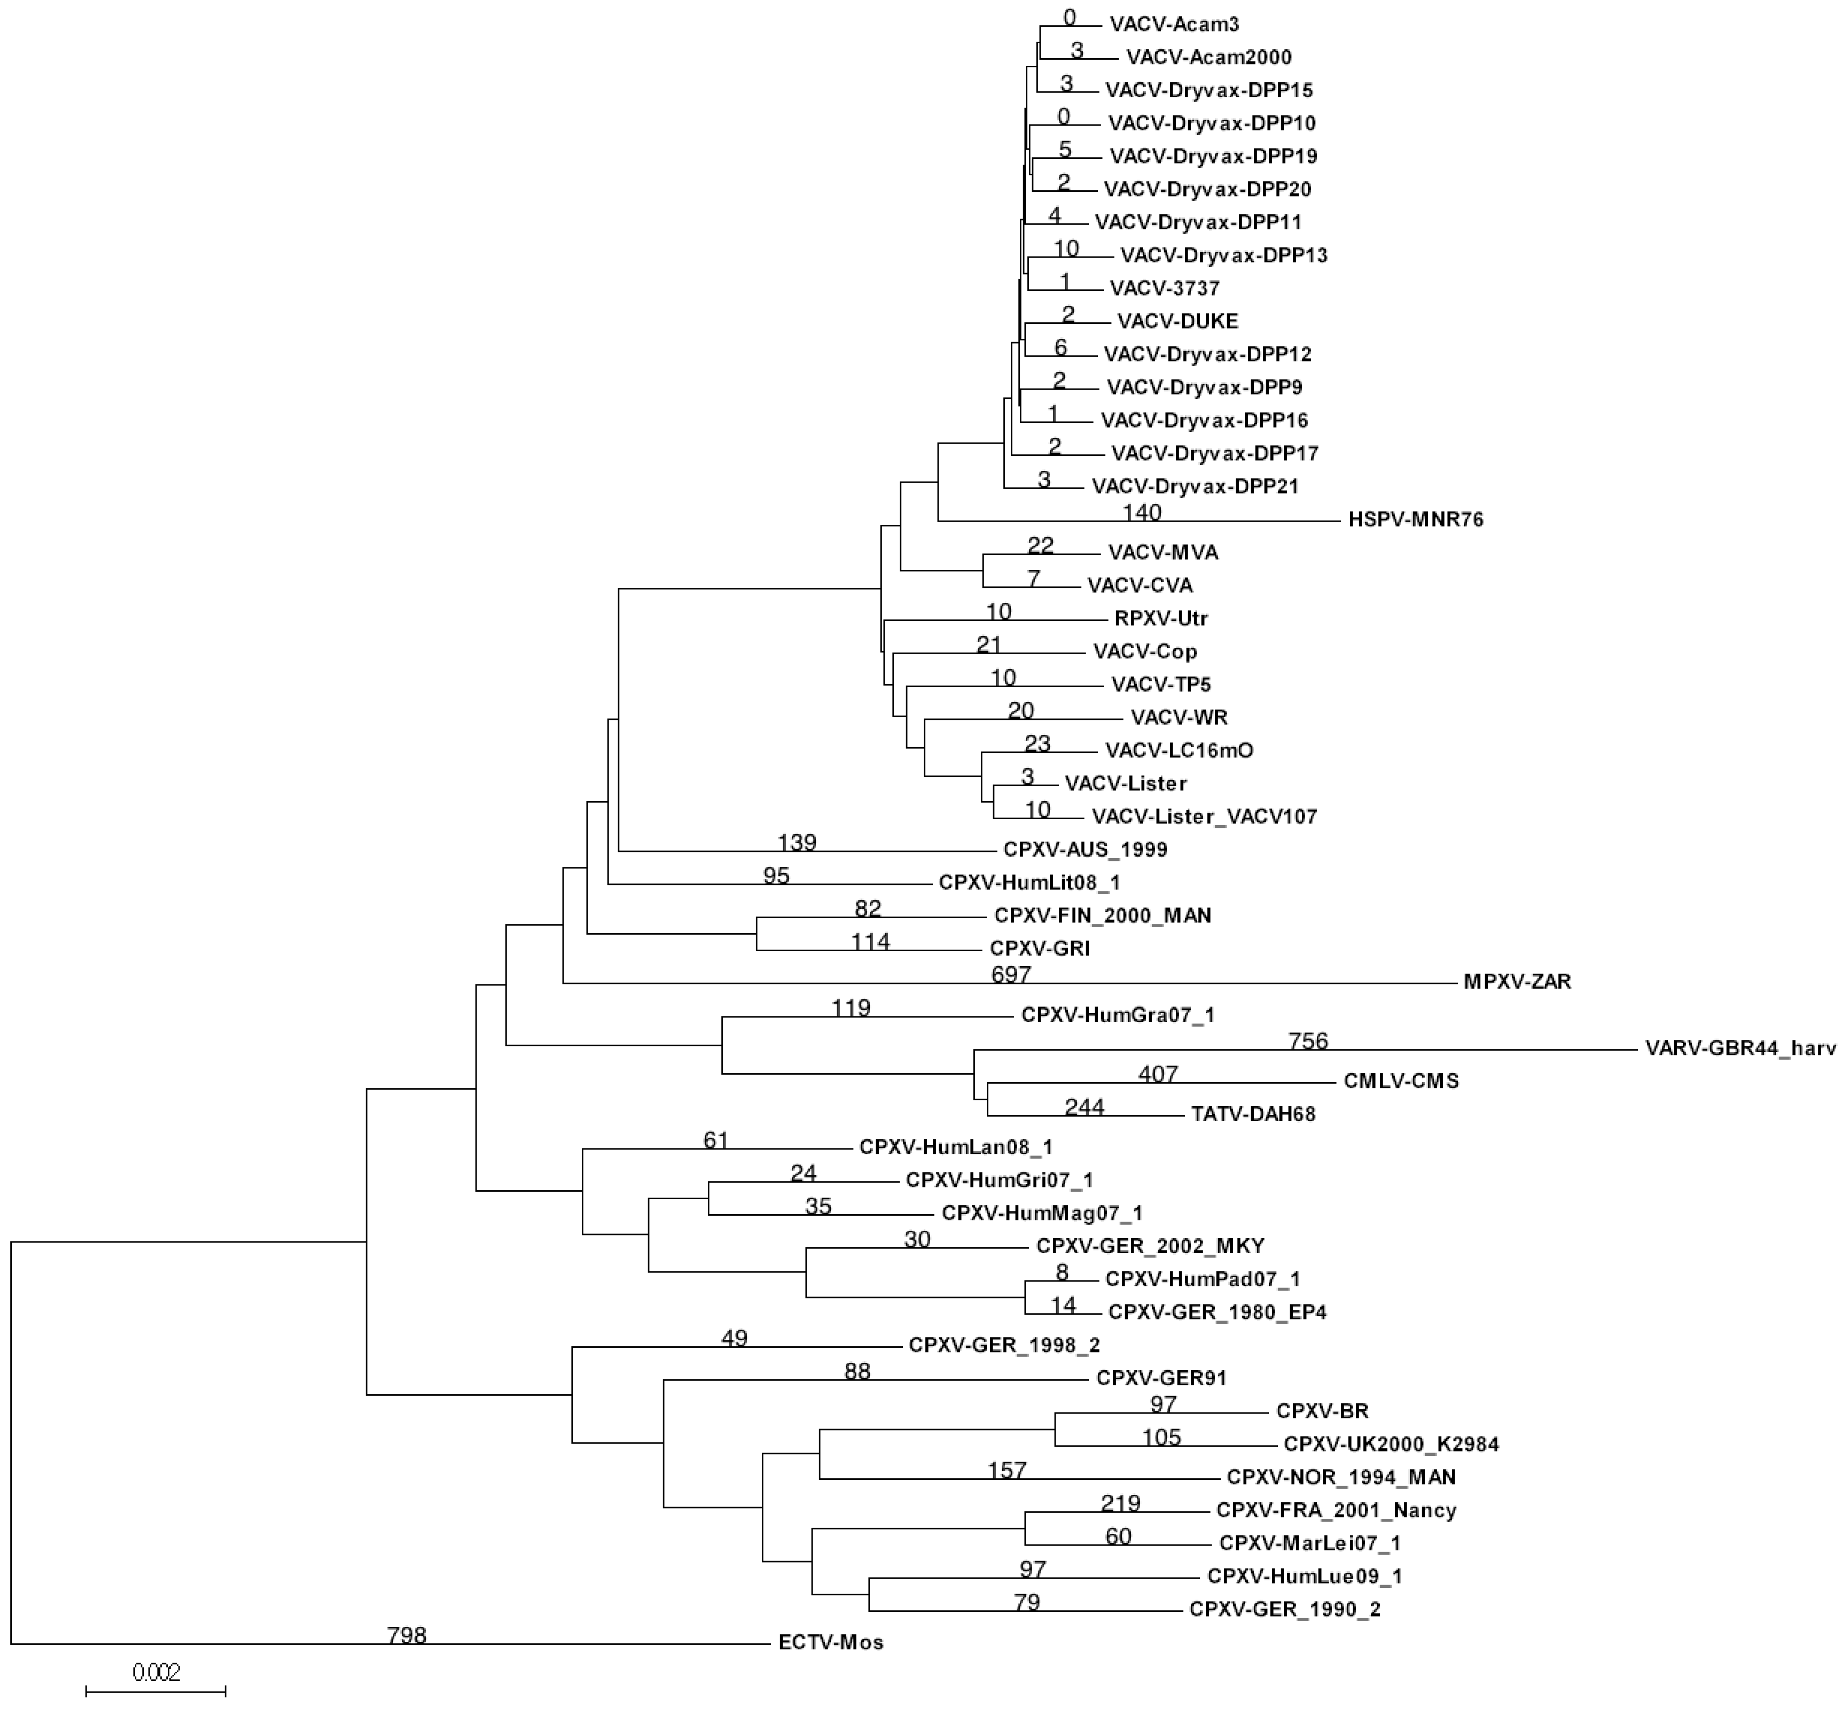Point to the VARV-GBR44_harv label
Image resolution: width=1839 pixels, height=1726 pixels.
(x=1739, y=1049)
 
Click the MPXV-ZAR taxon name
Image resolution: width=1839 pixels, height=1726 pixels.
(x=1517, y=981)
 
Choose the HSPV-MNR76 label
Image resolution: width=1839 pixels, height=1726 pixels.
(x=1416, y=520)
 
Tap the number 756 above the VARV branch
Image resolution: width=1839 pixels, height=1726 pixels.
(x=1308, y=1041)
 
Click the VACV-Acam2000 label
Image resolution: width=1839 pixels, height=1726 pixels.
(x=1208, y=57)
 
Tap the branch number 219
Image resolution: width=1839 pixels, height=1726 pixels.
(x=1120, y=1503)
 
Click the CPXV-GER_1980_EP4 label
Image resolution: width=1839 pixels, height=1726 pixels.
(x=1217, y=1312)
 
